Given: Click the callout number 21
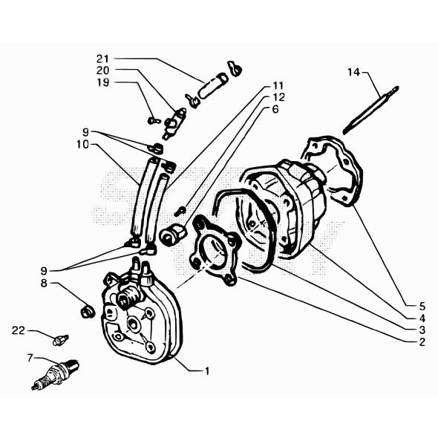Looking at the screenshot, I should [x=102, y=59].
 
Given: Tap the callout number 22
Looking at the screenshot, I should [x=19, y=330].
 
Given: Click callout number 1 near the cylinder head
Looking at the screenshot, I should [x=208, y=369].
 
